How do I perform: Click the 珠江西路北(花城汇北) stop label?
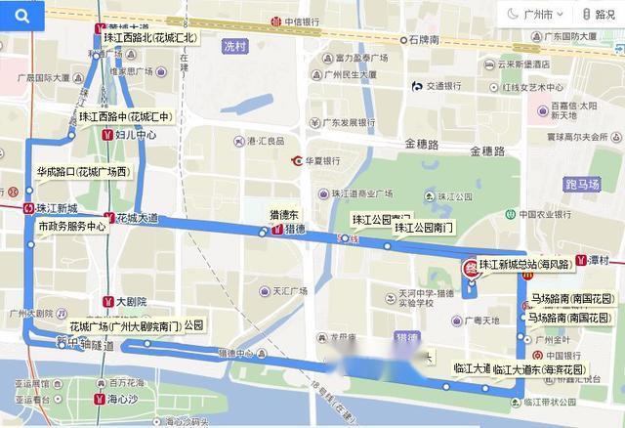coord(150,38)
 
